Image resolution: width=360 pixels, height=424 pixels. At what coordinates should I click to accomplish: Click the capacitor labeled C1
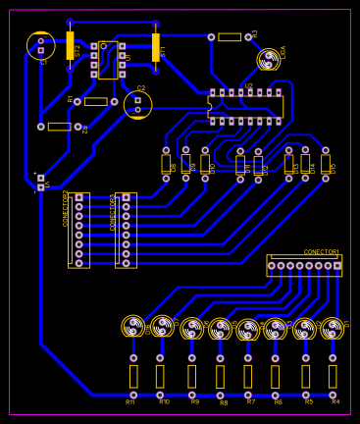(x=40, y=45)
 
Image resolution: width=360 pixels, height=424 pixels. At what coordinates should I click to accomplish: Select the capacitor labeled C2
(x=137, y=104)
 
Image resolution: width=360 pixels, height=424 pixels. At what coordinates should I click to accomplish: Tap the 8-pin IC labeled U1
(x=108, y=60)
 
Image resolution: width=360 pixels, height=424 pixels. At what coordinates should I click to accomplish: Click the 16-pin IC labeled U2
(x=245, y=107)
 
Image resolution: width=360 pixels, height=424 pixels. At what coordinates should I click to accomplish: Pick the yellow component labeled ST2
(x=70, y=46)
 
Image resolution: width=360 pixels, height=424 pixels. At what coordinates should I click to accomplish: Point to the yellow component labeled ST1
(x=155, y=47)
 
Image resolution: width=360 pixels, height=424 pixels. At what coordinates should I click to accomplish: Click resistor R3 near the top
(x=230, y=37)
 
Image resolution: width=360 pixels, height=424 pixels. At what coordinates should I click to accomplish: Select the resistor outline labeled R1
(x=95, y=101)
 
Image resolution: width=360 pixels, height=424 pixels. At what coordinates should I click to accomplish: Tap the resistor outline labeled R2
(x=59, y=127)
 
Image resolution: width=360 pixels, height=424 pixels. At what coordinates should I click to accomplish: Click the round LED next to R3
(x=268, y=60)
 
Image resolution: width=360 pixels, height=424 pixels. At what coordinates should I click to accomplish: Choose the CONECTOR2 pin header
(x=78, y=230)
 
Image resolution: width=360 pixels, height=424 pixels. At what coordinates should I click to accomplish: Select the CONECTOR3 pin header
(x=126, y=230)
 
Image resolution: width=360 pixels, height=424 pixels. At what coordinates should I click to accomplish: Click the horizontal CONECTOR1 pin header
(x=304, y=265)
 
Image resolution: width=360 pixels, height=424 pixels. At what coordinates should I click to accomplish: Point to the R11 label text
(x=130, y=401)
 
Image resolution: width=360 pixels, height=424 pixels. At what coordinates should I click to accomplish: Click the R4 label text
(x=335, y=401)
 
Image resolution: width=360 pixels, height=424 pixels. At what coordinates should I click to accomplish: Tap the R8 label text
(x=223, y=402)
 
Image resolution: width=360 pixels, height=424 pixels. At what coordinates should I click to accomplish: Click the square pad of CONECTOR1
(x=336, y=265)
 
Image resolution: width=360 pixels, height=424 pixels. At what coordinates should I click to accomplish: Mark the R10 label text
(x=164, y=401)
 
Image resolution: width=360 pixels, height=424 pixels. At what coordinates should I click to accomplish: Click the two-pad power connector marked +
(x=40, y=183)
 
